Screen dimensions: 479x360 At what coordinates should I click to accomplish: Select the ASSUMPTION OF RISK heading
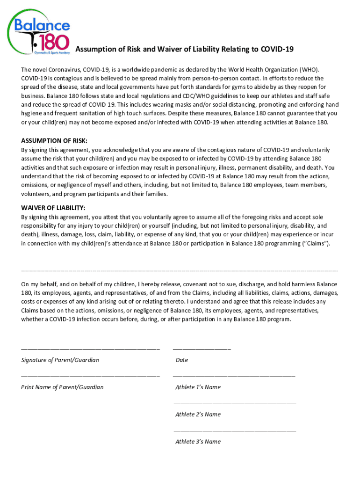(x=54, y=141)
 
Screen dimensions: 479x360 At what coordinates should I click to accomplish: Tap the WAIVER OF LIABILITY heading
(x=53, y=208)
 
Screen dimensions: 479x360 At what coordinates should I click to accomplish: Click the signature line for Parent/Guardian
(x=90, y=348)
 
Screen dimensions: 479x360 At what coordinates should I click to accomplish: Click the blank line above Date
(x=202, y=348)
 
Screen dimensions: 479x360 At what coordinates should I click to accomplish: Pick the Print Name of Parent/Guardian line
(x=90, y=376)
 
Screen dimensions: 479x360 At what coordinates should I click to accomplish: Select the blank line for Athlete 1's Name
(x=234, y=376)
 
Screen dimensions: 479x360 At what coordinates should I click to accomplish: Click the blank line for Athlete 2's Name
(x=235, y=403)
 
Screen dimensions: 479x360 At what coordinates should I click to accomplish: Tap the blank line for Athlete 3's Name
(x=235, y=430)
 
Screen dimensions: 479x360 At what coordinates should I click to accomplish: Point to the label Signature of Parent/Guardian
(x=60, y=360)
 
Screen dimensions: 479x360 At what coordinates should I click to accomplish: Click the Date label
(x=182, y=360)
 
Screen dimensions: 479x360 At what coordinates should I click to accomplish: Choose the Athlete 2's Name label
(x=198, y=414)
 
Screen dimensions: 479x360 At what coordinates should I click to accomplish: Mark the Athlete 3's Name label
(x=198, y=442)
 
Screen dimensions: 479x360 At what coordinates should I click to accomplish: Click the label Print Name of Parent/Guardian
(x=62, y=387)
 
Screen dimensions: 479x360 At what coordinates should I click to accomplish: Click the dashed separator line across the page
(x=180, y=271)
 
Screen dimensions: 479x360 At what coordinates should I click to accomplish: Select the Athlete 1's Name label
(x=198, y=387)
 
